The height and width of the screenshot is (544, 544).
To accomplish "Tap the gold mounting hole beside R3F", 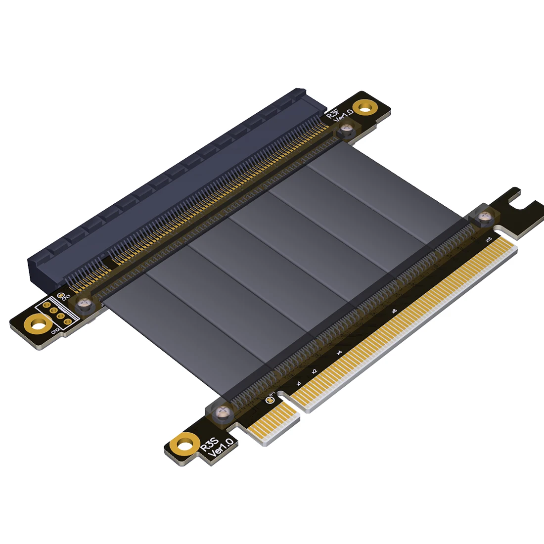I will (x=366, y=106).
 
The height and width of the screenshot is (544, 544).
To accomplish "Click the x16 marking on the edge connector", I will (x=489, y=240).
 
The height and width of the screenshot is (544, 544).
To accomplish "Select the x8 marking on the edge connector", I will (x=394, y=311).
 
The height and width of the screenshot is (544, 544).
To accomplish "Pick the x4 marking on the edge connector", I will (x=339, y=352).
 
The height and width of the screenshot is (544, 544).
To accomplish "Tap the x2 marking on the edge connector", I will (x=314, y=370).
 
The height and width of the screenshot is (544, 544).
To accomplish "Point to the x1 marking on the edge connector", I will (x=298, y=383).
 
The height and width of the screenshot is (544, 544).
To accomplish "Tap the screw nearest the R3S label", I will (x=224, y=411).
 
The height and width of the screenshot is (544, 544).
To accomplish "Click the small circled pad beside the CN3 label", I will (x=61, y=296).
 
